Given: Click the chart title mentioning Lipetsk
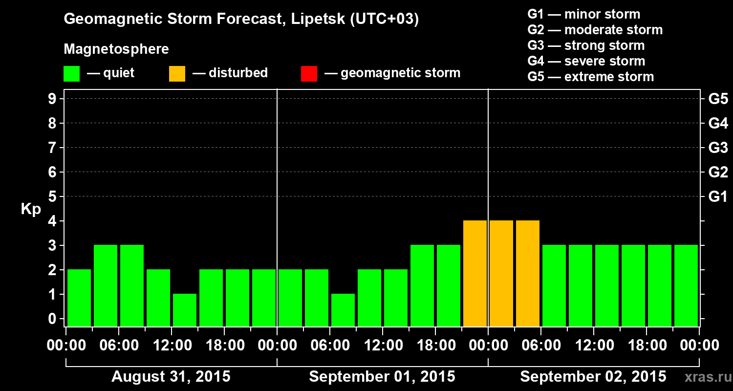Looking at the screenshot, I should (x=241, y=20).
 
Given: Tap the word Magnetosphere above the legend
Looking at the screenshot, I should (x=116, y=49).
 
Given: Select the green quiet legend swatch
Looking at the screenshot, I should (x=71, y=74).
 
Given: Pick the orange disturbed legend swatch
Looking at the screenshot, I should (x=177, y=74).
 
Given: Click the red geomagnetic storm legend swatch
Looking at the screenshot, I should (x=309, y=74).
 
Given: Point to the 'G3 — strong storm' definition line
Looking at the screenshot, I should (x=586, y=45).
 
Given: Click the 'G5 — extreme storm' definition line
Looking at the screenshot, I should (x=590, y=77).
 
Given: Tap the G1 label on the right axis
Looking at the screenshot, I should (x=718, y=197).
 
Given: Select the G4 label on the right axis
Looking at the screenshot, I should (x=718, y=123).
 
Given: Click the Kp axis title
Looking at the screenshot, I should (x=31, y=209).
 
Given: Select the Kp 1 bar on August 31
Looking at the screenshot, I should (x=185, y=310).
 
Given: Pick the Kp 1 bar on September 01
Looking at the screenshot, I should (x=343, y=310).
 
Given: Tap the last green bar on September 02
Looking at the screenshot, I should (x=686, y=285).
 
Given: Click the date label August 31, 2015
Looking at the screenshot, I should (x=171, y=377).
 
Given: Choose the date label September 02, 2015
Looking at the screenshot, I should (x=593, y=377).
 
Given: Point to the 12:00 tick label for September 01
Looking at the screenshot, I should (x=383, y=346).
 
